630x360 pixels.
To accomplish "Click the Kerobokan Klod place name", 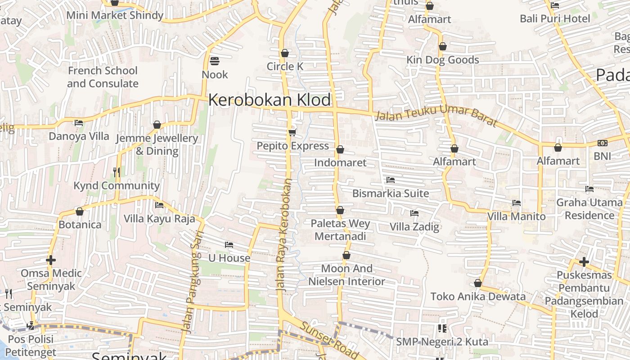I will coord(269,100).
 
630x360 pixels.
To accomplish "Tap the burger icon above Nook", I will coord(215,61).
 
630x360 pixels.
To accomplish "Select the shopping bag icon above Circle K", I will coord(284,53).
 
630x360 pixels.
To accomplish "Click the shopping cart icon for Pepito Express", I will coord(292,132).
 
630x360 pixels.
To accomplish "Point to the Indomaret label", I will coord(340,162).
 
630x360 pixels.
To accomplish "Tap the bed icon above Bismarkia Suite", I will coord(390,180).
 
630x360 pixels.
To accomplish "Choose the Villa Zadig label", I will coord(414,226).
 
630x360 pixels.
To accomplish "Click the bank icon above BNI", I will coord(602,143).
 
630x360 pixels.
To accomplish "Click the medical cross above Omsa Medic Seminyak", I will coord(51,260).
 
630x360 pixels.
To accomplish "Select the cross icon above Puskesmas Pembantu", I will coord(584,261).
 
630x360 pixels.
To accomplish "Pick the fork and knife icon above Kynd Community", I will coord(116,172).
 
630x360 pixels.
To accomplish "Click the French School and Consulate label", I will coord(103,77).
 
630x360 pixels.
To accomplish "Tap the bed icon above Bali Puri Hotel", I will coord(555,5).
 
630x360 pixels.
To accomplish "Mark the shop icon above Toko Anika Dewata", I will coord(478,283).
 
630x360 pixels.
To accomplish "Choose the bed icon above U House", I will coord(229,245).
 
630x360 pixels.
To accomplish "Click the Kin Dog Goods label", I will coord(442,60).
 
